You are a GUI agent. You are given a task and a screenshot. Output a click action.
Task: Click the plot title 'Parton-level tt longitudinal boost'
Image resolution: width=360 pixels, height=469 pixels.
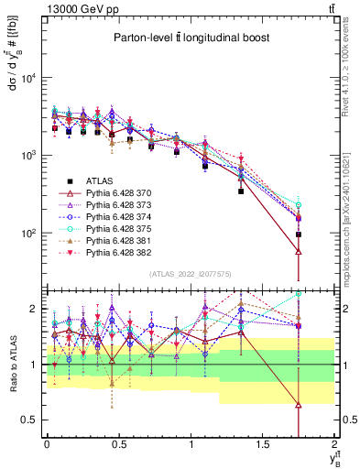coord(190,38)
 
